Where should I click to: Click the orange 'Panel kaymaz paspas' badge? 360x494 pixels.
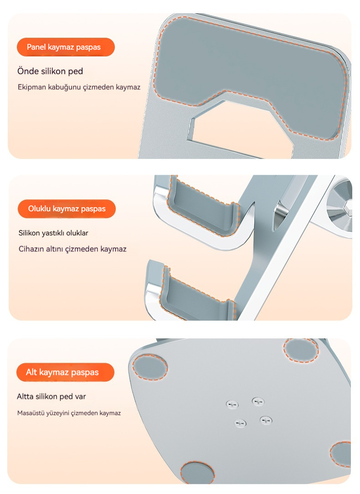[x=66, y=47]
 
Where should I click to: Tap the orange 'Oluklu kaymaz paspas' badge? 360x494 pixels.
[x=67, y=209]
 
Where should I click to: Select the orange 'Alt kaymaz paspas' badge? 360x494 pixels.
[x=65, y=372]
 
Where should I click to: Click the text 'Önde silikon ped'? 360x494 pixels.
[x=50, y=71]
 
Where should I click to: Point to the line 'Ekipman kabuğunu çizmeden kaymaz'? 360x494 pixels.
[x=79, y=87]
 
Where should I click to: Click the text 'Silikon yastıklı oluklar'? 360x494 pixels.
[x=53, y=233]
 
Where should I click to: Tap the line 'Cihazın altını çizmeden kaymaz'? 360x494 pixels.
[x=72, y=249]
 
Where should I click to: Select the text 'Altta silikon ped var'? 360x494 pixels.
[x=51, y=396]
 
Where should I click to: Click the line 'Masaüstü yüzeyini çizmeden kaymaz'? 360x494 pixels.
[x=69, y=413]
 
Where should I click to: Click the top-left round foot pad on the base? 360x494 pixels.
[x=150, y=367]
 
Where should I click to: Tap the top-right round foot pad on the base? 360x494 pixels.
[x=301, y=350]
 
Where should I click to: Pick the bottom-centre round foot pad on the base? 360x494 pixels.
[x=197, y=473]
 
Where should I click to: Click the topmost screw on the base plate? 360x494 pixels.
[x=258, y=402]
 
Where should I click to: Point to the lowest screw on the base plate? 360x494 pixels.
[x=240, y=423]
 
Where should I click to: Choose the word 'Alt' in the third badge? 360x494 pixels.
[x=31, y=372]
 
